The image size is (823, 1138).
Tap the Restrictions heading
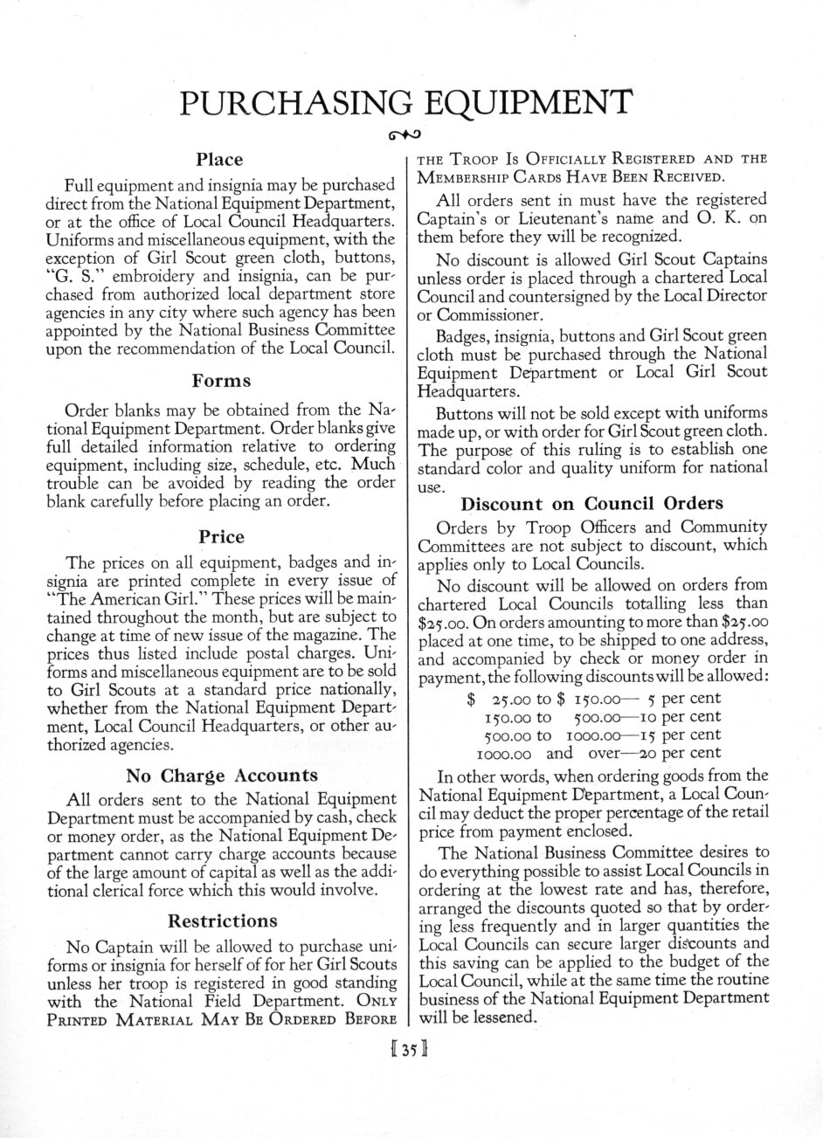222,920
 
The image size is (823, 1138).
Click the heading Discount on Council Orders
591,503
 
